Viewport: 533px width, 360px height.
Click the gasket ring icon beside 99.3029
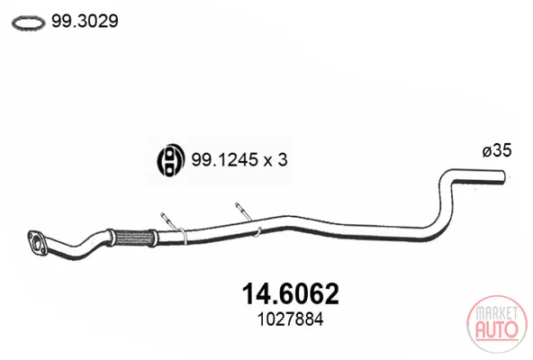pyautogui.click(x=28, y=17)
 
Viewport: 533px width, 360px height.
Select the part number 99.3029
pyautogui.click(x=85, y=21)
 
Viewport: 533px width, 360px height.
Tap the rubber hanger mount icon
pyautogui.click(x=171, y=160)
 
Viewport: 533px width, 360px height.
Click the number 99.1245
pyautogui.click(x=224, y=159)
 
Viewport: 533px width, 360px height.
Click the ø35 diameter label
pyautogui.click(x=497, y=150)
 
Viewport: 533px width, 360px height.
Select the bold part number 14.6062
pyautogui.click(x=290, y=294)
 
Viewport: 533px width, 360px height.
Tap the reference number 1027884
pyautogui.click(x=290, y=319)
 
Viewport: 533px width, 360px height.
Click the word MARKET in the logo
pyautogui.click(x=497, y=313)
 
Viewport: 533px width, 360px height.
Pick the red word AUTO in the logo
pyautogui.click(x=497, y=329)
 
